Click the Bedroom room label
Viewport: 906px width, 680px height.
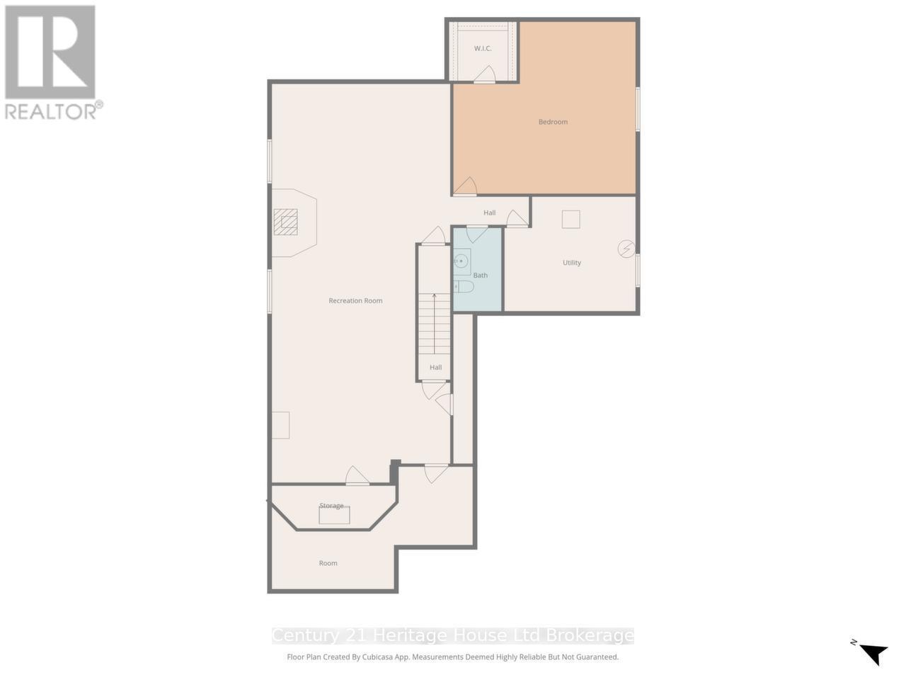coord(553,122)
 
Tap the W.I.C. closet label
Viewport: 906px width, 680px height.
coord(483,48)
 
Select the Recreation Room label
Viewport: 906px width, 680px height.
coord(355,300)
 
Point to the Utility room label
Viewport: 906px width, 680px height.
coord(572,263)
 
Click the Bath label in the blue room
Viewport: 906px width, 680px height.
coord(481,276)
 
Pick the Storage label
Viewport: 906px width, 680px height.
coord(331,506)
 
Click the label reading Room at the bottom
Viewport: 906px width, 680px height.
coord(328,563)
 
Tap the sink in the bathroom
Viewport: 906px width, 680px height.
coord(461,261)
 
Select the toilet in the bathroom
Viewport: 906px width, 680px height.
coord(464,286)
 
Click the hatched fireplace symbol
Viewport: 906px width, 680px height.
coord(286,222)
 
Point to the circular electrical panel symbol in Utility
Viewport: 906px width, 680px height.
coord(626,249)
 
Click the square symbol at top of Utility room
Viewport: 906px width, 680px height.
coord(570,220)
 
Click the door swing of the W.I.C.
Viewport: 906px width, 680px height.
coord(485,74)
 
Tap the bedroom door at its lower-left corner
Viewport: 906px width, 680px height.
coord(465,187)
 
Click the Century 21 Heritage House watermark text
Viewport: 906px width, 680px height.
coord(453,635)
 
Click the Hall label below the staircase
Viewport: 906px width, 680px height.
coord(435,367)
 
